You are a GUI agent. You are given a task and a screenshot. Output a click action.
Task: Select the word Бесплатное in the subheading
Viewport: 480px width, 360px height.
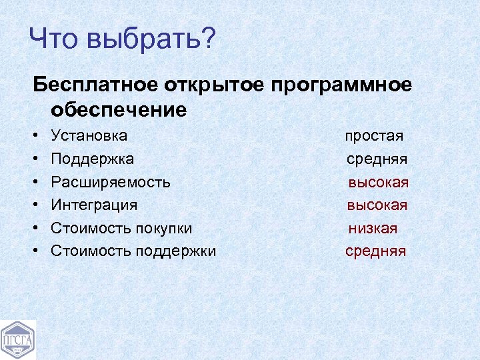point(95,85)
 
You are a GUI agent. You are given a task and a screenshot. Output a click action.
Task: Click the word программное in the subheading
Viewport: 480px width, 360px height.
point(341,86)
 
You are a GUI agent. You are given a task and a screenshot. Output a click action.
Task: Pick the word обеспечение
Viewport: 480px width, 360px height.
point(119,109)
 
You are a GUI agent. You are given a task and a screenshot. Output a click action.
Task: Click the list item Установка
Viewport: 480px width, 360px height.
point(89,135)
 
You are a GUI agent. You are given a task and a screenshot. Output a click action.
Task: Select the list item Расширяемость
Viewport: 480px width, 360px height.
point(111,182)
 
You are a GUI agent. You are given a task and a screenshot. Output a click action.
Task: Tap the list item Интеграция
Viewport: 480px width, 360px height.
point(94,205)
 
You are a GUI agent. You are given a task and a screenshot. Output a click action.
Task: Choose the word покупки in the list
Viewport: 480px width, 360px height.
point(163,228)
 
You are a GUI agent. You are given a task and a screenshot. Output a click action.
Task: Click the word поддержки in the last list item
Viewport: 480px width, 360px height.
point(176,251)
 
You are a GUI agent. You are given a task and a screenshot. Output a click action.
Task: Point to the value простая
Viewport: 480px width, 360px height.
point(374,136)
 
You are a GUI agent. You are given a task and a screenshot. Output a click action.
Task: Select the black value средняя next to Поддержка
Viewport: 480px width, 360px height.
point(377,159)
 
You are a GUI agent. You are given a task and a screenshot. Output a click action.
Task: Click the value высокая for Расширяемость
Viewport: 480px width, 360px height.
point(378,182)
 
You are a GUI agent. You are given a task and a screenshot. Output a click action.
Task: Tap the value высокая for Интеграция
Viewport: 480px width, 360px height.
point(377,205)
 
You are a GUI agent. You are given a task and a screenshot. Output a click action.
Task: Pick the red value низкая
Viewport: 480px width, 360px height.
point(373,228)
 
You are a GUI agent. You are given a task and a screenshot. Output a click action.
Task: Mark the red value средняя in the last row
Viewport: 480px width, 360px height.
point(375,251)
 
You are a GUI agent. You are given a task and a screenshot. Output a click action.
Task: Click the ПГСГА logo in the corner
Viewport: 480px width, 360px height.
point(18,340)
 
